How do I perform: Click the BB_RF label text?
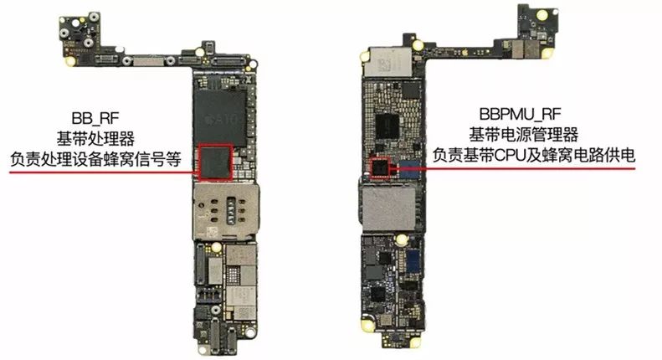[95, 118]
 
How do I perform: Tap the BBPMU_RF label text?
[521, 114]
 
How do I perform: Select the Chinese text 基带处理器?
[95, 139]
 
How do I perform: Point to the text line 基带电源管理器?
[524, 135]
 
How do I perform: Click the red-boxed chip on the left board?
[216, 162]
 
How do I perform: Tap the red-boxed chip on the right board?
[380, 167]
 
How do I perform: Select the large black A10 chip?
[219, 116]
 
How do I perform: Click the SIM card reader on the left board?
[226, 212]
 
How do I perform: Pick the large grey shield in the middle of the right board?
[388, 209]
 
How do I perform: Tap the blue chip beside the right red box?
[408, 169]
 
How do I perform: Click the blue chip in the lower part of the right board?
[413, 261]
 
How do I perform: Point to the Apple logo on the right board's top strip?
[464, 53]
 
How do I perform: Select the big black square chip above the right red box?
[387, 126]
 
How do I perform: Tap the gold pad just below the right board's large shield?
[401, 240]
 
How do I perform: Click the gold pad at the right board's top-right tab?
[541, 16]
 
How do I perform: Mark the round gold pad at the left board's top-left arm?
[70, 62]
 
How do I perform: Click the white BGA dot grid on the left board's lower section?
[233, 275]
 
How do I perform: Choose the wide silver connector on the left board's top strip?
[149, 62]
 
